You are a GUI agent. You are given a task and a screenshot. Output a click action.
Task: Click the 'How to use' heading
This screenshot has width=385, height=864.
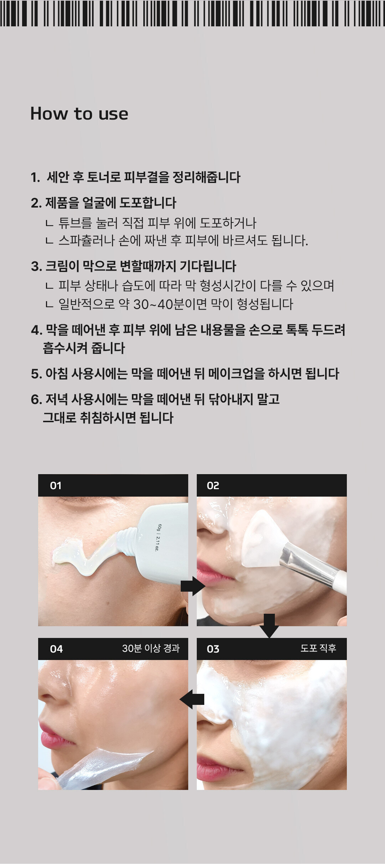(x=79, y=114)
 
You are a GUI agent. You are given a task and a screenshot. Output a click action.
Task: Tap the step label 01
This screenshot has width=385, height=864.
(x=56, y=486)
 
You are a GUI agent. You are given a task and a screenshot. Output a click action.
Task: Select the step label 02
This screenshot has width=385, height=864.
(x=213, y=486)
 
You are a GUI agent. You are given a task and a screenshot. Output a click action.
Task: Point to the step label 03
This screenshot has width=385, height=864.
(x=213, y=649)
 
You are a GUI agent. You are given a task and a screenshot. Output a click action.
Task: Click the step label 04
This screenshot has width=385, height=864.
(x=56, y=649)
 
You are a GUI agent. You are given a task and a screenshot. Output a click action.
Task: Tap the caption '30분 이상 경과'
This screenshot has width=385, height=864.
(x=151, y=648)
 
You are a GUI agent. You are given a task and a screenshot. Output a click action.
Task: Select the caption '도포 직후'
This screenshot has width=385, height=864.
(x=318, y=648)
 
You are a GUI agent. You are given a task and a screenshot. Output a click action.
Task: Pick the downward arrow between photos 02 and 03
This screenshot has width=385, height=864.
(x=269, y=625)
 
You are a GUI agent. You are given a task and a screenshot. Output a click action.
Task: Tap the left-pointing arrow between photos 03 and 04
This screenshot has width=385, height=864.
(x=192, y=699)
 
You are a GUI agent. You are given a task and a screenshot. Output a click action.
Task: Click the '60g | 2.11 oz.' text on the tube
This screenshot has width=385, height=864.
(x=158, y=538)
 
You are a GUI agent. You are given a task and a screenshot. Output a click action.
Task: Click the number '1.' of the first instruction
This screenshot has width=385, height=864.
(x=35, y=177)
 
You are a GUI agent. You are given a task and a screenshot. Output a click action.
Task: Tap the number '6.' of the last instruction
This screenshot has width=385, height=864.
(x=36, y=399)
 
